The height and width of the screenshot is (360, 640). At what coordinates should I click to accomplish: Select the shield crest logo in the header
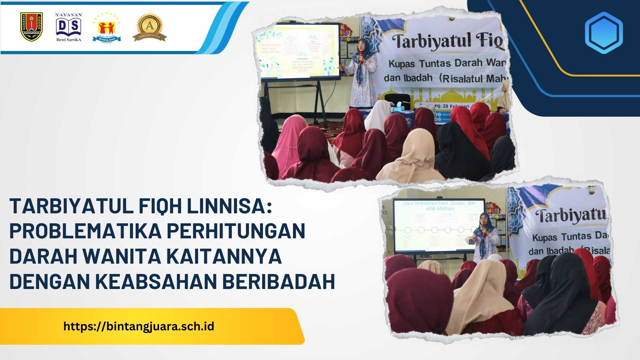[31, 27]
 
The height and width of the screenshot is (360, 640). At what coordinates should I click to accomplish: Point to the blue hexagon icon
[604, 33]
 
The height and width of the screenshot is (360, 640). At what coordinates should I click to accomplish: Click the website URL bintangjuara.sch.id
[139, 326]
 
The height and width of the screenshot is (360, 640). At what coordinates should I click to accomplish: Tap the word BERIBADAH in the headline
[278, 281]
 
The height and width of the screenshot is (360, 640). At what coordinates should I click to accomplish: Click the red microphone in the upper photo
[360, 57]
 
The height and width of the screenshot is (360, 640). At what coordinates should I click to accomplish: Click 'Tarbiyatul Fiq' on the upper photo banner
[447, 42]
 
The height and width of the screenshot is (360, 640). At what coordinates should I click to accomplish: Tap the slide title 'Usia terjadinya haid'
[439, 206]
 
